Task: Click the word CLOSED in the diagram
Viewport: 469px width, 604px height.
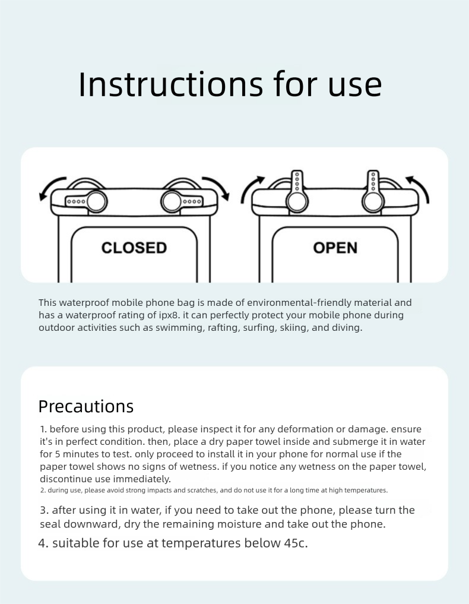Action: (x=134, y=248)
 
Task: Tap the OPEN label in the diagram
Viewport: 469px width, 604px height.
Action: (x=335, y=248)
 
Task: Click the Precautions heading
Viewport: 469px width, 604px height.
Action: (x=86, y=406)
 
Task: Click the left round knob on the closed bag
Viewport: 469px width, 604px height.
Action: (x=96, y=201)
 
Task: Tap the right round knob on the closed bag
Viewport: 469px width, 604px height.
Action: (x=172, y=201)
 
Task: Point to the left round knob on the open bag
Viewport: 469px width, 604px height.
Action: (x=297, y=201)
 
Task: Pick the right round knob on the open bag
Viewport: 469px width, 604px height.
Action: (x=373, y=201)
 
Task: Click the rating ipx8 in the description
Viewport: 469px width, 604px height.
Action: (x=169, y=315)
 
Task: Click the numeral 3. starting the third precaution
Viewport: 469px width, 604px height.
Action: (x=45, y=510)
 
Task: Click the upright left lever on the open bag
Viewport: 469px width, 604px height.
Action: (x=297, y=182)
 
